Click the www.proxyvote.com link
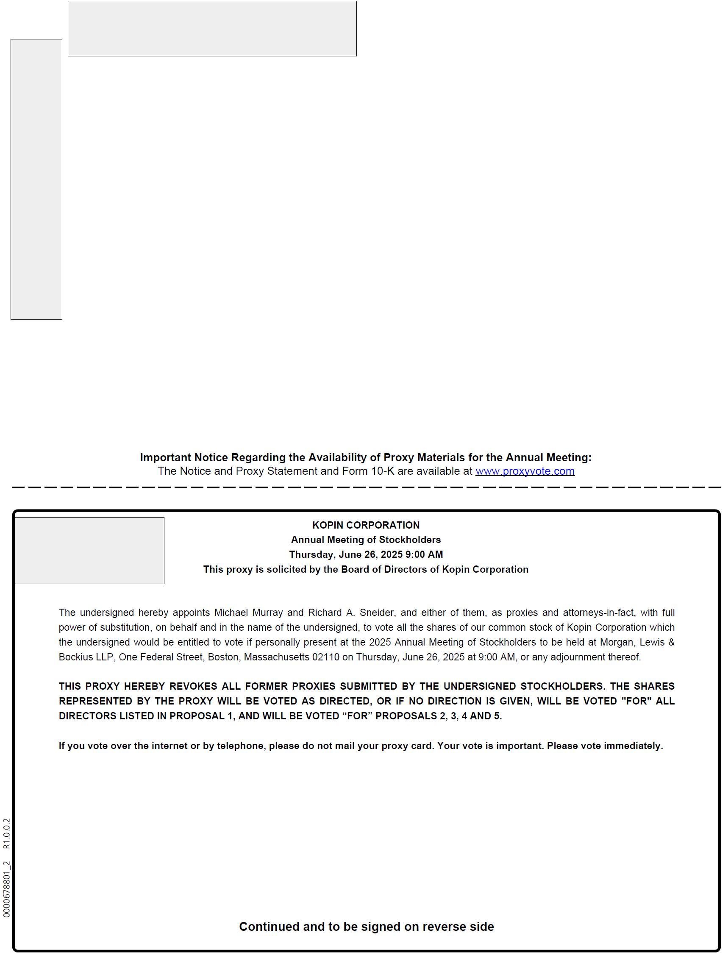click(x=525, y=471)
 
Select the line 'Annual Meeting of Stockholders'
click(x=366, y=540)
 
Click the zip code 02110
click(x=325, y=657)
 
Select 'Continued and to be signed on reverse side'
click(x=366, y=927)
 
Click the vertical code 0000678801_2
click(x=6, y=889)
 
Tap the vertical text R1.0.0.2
click(x=6, y=833)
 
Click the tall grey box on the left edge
click(x=36, y=179)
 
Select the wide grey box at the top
click(x=212, y=28)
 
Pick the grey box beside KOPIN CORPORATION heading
click(x=89, y=550)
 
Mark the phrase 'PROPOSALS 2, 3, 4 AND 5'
click(x=439, y=716)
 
